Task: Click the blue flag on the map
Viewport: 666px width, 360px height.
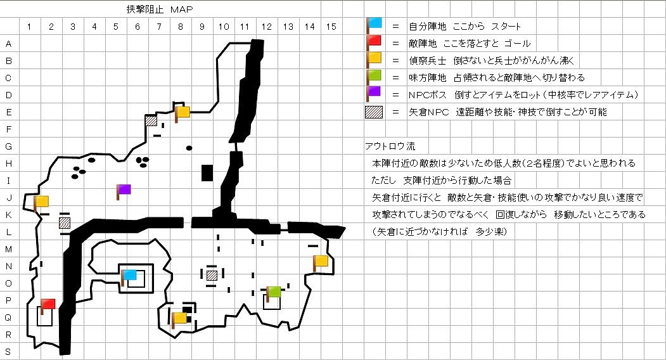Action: (x=129, y=275)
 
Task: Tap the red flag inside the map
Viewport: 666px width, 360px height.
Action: (x=48, y=304)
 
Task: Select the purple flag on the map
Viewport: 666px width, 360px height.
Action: (x=124, y=189)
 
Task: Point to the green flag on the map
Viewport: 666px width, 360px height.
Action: (x=273, y=292)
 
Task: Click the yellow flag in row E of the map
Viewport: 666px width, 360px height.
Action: (x=183, y=112)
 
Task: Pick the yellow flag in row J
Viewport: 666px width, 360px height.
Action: (x=41, y=202)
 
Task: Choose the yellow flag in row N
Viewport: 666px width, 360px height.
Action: (x=321, y=260)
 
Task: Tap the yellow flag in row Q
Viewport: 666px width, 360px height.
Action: (x=179, y=318)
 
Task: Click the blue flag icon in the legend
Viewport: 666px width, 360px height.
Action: (x=375, y=23)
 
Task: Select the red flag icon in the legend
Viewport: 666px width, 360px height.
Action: (x=375, y=41)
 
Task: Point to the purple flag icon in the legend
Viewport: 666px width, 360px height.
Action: (x=375, y=91)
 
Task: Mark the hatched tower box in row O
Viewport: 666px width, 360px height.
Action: (x=212, y=275)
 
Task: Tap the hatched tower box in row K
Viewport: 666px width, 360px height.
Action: (x=64, y=222)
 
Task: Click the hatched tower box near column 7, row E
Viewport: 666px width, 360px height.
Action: (x=151, y=120)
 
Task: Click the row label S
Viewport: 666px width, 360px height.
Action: (x=8, y=351)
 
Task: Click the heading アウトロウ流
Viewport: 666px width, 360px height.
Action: (x=389, y=146)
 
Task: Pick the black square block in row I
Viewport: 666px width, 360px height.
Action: (x=207, y=172)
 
